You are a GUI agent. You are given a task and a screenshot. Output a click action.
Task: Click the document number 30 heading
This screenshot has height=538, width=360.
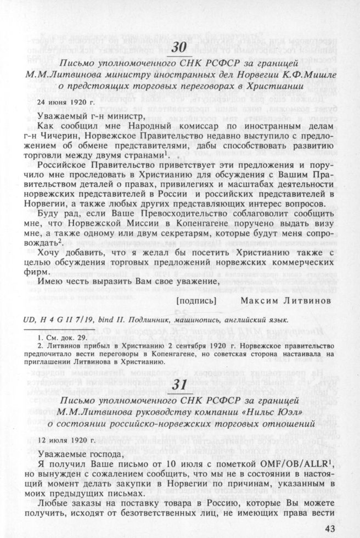179,48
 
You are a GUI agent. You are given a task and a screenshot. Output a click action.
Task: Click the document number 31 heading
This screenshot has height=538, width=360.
179,384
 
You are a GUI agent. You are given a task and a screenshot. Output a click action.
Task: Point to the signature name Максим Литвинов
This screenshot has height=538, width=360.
285,300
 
